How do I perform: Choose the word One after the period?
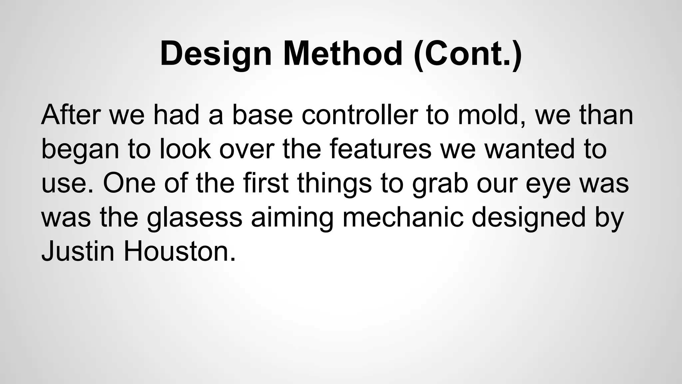pyautogui.click(x=129, y=183)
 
